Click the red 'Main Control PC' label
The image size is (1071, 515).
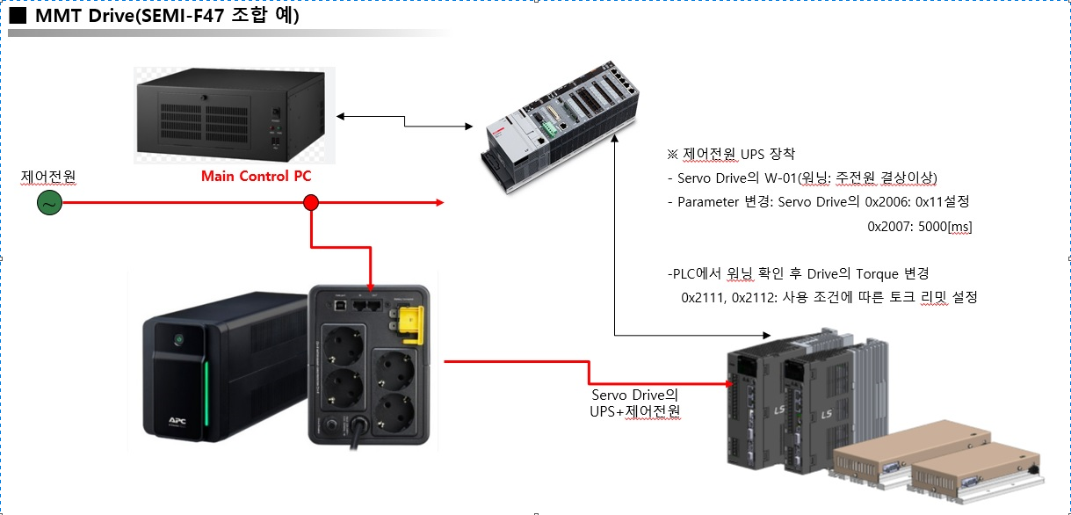(x=256, y=176)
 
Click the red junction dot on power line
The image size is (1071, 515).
(x=310, y=204)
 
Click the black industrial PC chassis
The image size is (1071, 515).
(x=234, y=114)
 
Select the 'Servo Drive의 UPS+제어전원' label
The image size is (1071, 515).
(x=635, y=403)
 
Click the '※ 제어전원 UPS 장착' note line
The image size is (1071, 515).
(x=730, y=154)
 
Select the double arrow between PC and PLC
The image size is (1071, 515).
(x=404, y=121)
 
